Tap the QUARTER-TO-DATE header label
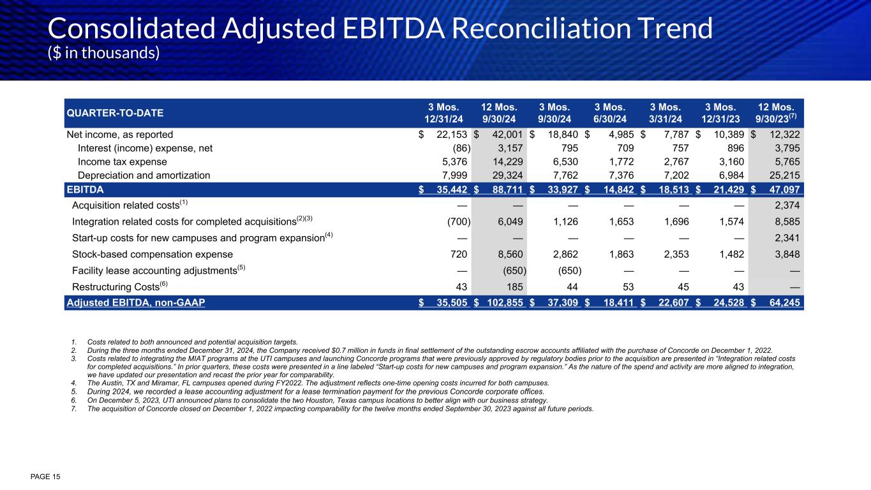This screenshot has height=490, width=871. (x=115, y=113)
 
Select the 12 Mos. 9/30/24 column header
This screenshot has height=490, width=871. (x=498, y=113)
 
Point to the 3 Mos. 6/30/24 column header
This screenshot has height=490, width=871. (x=609, y=113)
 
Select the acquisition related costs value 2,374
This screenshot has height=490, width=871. (x=785, y=204)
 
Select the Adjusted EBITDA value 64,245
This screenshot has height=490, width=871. (x=784, y=302)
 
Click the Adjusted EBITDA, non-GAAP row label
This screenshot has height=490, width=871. (x=135, y=302)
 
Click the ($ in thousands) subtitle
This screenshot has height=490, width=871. (x=103, y=53)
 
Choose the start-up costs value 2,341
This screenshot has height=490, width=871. (x=785, y=237)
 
